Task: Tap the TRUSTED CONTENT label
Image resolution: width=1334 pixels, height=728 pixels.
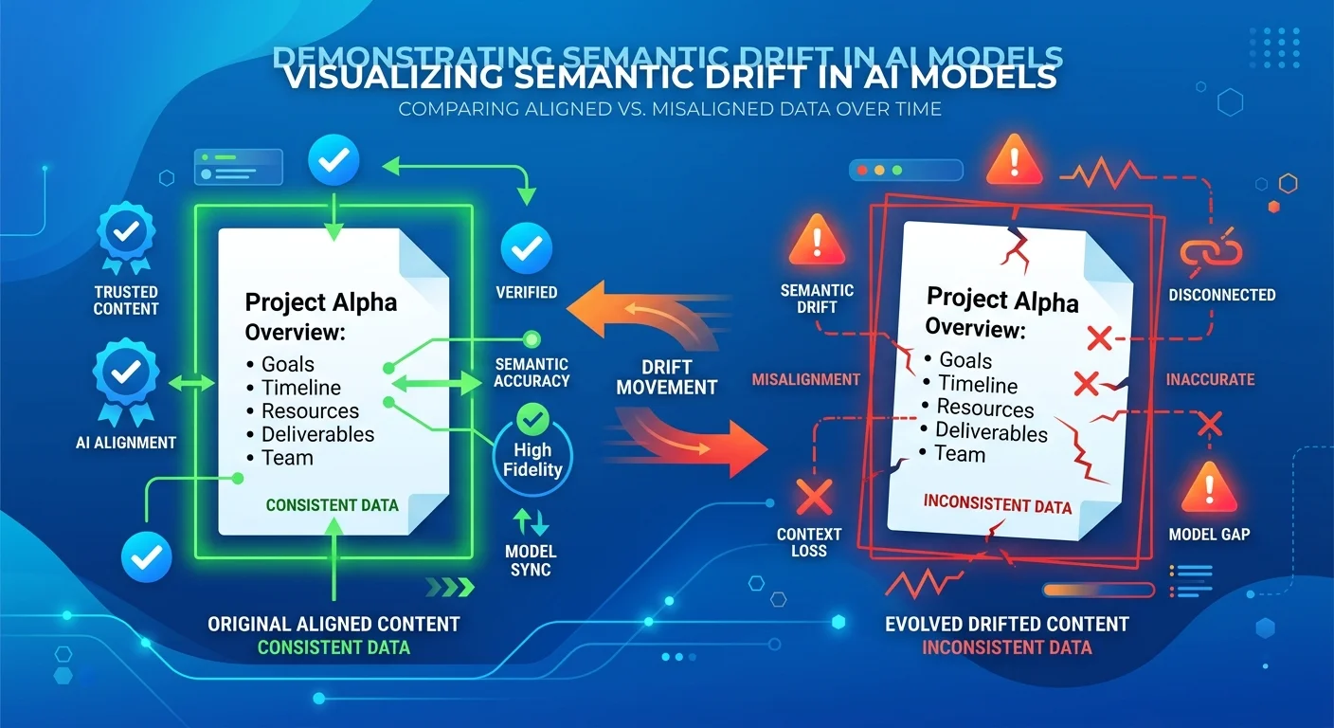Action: pyautogui.click(x=126, y=300)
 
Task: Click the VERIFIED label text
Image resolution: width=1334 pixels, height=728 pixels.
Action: pyautogui.click(x=527, y=292)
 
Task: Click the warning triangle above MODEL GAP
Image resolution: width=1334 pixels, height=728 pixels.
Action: pyautogui.click(x=1209, y=488)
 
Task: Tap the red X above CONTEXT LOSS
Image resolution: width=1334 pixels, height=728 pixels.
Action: pyautogui.click(x=813, y=496)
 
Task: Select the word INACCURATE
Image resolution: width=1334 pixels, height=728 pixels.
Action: pyautogui.click(x=1210, y=380)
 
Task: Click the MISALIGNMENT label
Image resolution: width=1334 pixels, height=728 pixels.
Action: pyautogui.click(x=805, y=380)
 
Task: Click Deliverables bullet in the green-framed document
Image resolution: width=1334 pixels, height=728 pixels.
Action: pyautogui.click(x=317, y=434)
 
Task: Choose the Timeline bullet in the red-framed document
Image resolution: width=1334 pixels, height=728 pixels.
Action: pyautogui.click(x=977, y=385)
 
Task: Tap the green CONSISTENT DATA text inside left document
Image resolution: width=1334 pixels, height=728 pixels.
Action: pyautogui.click(x=332, y=505)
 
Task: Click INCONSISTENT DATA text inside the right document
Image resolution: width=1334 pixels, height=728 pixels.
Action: pyautogui.click(x=997, y=503)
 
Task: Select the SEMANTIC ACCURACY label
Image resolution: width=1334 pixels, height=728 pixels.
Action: pyautogui.click(x=532, y=372)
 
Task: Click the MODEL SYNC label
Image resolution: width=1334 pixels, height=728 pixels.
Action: pyautogui.click(x=531, y=560)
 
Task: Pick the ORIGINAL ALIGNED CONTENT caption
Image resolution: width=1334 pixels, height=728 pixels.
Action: pyautogui.click(x=333, y=624)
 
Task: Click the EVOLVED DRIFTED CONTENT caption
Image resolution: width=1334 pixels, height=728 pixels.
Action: pyautogui.click(x=1006, y=624)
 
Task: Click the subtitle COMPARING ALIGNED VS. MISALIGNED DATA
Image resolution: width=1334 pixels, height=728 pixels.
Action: pyautogui.click(x=669, y=109)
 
